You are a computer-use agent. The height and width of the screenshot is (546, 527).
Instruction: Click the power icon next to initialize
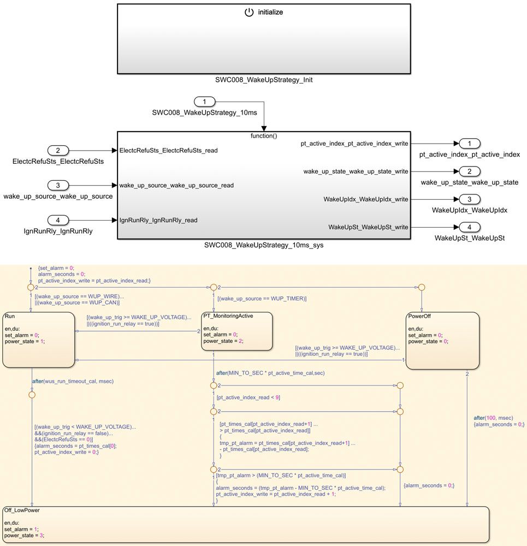coord(249,12)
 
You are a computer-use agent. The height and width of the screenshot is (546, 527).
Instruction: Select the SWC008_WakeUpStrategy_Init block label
coord(264,80)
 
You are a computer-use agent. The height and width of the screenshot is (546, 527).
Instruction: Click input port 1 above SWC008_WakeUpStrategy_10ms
coord(205,102)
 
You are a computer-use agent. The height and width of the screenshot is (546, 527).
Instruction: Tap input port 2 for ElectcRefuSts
coord(58,150)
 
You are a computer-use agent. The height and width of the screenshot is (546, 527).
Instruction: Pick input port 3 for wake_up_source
coord(58,185)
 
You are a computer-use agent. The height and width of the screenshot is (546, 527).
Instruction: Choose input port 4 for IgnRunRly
coord(58,221)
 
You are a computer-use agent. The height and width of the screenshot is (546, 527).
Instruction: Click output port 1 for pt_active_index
coord(469,144)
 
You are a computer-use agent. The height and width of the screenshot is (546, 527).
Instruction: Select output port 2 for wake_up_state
coord(469,171)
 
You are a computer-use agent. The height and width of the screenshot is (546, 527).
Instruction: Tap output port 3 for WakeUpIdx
coord(469,199)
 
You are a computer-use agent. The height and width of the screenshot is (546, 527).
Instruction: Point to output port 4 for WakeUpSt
coord(469,227)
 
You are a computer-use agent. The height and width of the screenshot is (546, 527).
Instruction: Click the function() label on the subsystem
coord(264,135)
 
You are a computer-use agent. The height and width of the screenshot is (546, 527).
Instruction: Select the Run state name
coord(10,316)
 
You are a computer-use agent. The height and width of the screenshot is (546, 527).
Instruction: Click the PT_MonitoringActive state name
coord(228,316)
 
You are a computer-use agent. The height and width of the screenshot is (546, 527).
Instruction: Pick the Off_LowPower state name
coord(21,510)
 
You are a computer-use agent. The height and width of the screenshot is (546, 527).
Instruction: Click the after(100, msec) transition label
coord(493,418)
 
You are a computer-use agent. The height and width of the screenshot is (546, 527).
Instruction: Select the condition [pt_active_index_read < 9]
coord(248,397)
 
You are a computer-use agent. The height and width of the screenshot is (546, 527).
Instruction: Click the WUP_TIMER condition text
coord(262,299)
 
